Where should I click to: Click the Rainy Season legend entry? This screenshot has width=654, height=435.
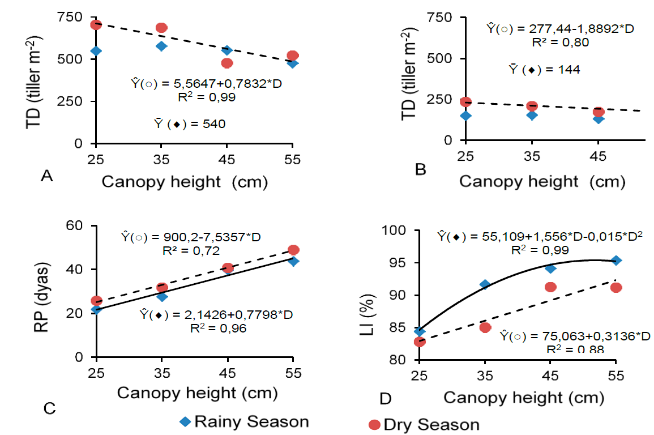click(243, 422)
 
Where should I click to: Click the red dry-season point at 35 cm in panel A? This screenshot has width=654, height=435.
click(161, 28)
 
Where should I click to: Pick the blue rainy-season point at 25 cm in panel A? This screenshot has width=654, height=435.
click(96, 51)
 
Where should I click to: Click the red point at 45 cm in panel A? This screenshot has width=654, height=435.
click(227, 63)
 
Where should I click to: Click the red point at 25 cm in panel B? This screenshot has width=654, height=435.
click(466, 102)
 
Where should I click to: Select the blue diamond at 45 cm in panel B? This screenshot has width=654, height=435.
click(599, 118)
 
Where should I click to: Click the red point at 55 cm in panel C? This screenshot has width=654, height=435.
click(293, 250)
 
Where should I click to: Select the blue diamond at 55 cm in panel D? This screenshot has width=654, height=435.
click(617, 260)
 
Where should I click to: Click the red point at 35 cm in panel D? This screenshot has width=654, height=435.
click(485, 327)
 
